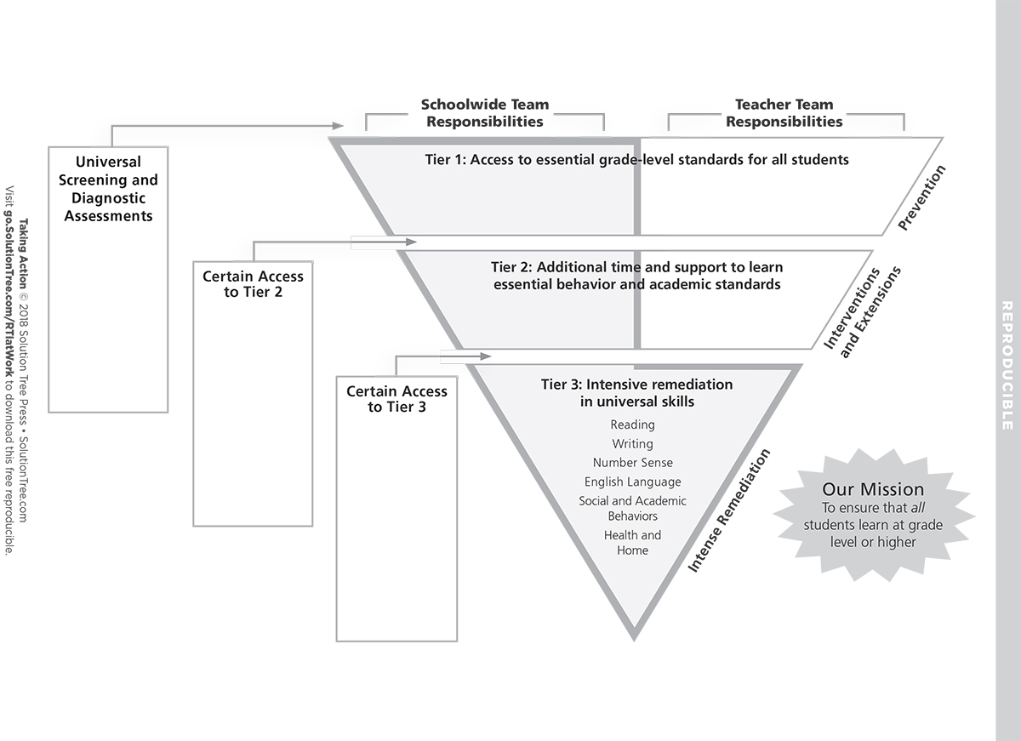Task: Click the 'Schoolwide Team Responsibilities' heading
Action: (x=485, y=113)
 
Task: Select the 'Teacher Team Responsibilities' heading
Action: (x=784, y=113)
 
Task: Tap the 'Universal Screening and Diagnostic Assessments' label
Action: (x=108, y=189)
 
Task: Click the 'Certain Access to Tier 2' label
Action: (x=253, y=284)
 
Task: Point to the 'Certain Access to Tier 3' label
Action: (x=396, y=399)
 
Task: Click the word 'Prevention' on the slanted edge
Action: (x=922, y=198)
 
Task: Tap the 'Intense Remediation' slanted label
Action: (x=729, y=510)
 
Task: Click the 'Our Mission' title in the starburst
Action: (x=873, y=489)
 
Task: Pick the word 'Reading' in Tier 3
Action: (x=632, y=425)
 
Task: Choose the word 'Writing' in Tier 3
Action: (x=632, y=444)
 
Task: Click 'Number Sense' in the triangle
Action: (x=632, y=463)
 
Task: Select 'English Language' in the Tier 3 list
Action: (x=632, y=482)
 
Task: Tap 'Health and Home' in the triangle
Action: (x=632, y=543)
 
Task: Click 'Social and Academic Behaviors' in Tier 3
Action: (x=632, y=509)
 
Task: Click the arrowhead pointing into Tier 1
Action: (x=337, y=126)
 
